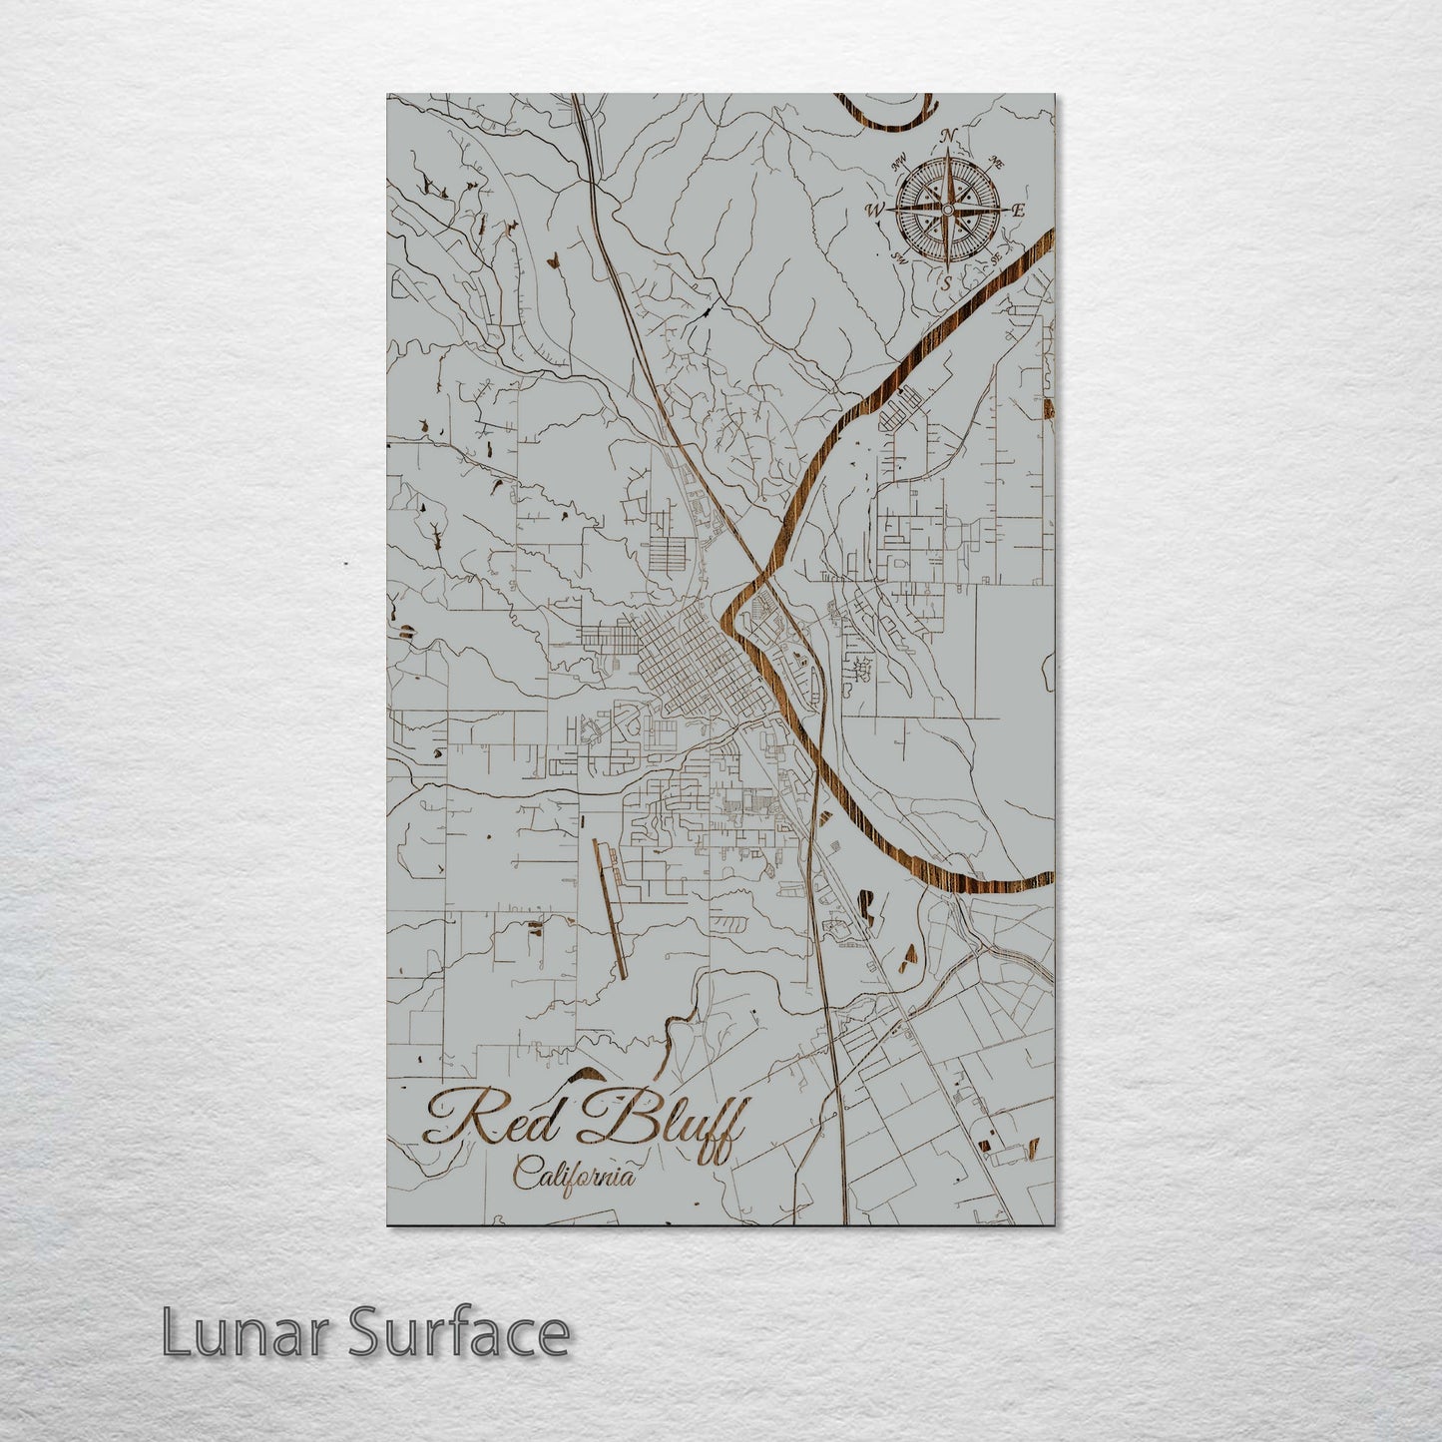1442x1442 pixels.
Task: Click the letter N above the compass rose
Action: pyautogui.click(x=949, y=137)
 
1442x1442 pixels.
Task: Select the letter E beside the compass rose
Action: pyautogui.click(x=1018, y=211)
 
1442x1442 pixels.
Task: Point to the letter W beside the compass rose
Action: pyautogui.click(x=876, y=210)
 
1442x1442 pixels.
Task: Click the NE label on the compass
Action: pyautogui.click(x=995, y=162)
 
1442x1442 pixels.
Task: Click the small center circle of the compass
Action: pyautogui.click(x=946, y=210)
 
